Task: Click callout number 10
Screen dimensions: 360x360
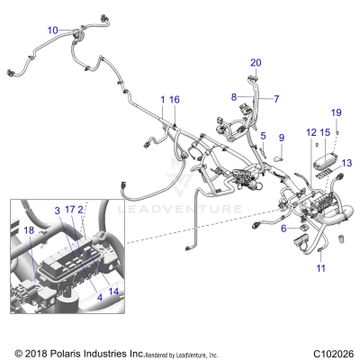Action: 53,30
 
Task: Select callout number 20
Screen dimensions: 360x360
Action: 255,62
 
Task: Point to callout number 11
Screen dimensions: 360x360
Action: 320,268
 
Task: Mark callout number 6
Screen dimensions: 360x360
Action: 283,229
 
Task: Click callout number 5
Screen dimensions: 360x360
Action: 264,135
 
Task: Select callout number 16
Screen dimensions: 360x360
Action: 175,99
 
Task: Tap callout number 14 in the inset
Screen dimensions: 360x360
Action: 114,291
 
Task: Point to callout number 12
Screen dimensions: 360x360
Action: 311,133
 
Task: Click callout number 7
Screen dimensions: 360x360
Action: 276,99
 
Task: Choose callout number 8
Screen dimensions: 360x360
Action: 234,97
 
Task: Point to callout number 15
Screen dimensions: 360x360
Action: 325,133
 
